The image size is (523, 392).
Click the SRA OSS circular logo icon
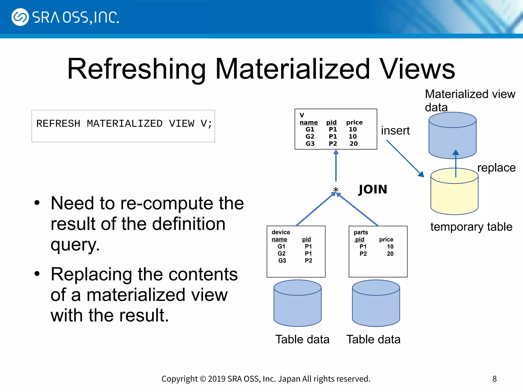coord(20,17)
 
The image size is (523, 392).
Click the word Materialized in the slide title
coord(292,69)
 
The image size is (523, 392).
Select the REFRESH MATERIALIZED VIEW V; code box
coord(123,126)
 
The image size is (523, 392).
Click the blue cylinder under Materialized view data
coord(452,135)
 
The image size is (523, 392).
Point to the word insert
coord(395,131)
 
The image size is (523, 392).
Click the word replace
coord(496,168)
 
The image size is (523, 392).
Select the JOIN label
coord(373,189)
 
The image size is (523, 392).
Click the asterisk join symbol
coord(336,190)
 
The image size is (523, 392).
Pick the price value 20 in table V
coord(353,144)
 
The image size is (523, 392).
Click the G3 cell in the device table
coord(282,261)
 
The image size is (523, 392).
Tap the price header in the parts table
coord(386,239)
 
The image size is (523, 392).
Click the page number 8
coord(494,379)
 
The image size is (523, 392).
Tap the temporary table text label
coord(471,227)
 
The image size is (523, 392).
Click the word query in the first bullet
coord(75,245)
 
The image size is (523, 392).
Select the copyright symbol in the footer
coord(203,379)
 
